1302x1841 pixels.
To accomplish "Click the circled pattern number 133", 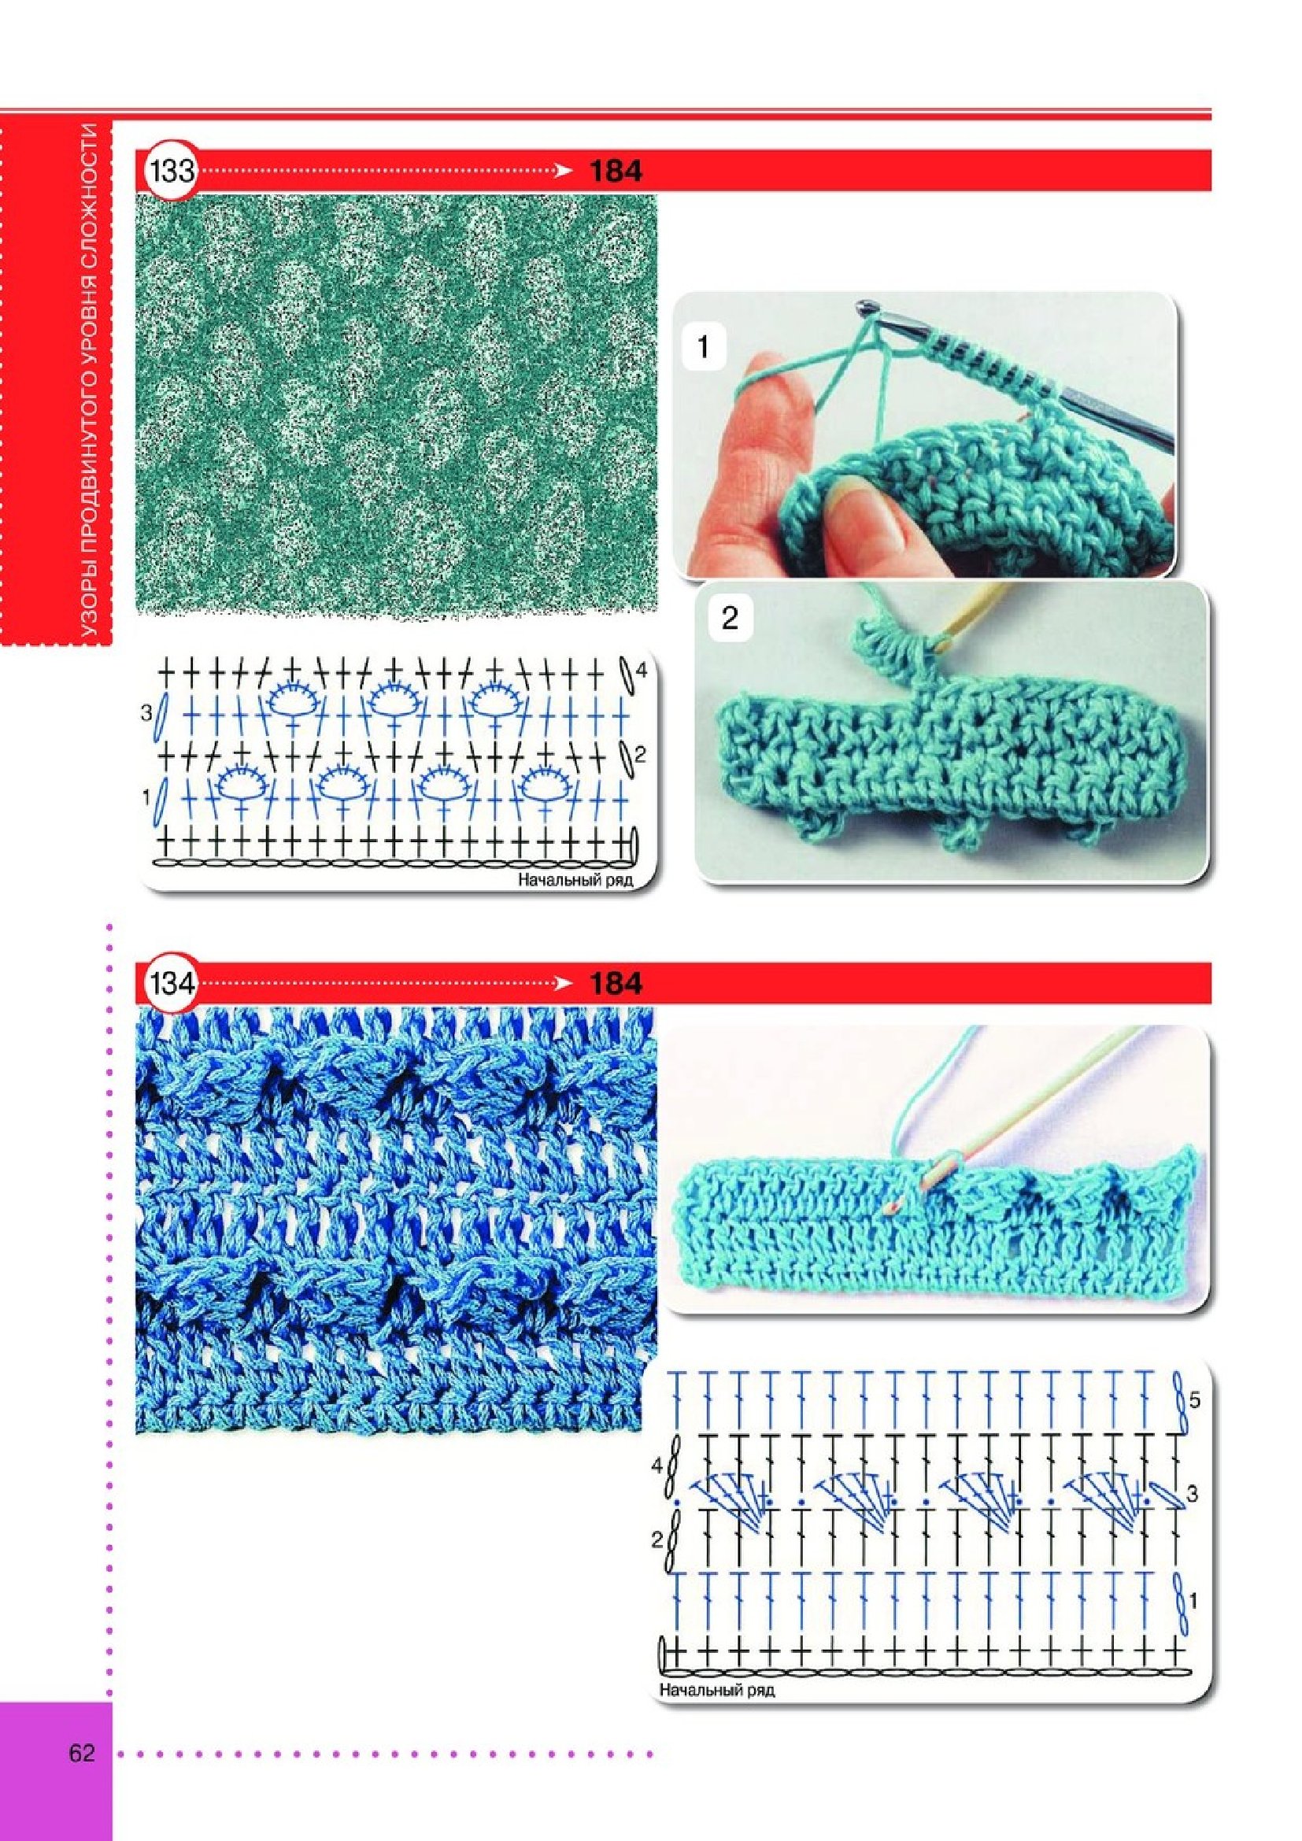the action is [x=170, y=171].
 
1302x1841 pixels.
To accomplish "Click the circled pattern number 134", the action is [x=170, y=983].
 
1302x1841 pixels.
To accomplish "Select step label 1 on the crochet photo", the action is [x=703, y=349].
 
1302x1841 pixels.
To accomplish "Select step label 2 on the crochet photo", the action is [x=729, y=619].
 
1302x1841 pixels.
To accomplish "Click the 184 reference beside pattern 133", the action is [x=616, y=171].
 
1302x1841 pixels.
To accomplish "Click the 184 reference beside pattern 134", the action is [x=616, y=983].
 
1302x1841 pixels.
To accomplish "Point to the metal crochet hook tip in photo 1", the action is [x=865, y=305].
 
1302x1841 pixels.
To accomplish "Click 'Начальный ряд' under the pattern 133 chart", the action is [x=575, y=880].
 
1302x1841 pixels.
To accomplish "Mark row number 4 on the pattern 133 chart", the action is [x=642, y=668].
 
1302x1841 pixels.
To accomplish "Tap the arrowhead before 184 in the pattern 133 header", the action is [x=564, y=171].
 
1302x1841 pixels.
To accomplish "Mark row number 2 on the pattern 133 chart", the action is [x=641, y=755].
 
